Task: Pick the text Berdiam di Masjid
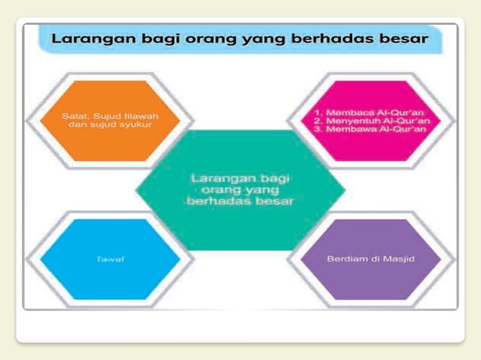click(371, 258)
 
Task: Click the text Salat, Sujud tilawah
click(110, 116)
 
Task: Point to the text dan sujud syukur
click(110, 125)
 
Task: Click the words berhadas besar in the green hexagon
click(240, 201)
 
